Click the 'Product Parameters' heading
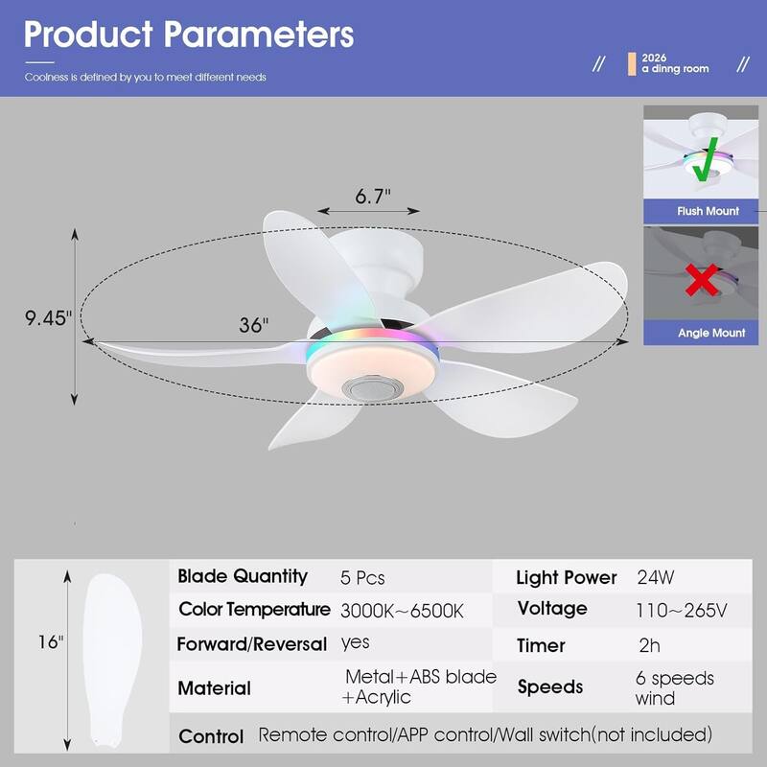(x=189, y=35)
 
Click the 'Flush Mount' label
(x=708, y=211)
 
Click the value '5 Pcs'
(x=362, y=578)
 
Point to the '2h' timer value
(x=649, y=645)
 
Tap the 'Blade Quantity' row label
(x=243, y=576)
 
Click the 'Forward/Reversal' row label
(x=252, y=643)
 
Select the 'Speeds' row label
(x=550, y=686)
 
